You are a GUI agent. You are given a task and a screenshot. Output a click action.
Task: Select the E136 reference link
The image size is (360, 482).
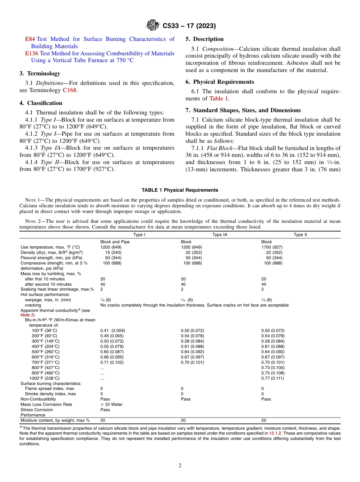[32, 53]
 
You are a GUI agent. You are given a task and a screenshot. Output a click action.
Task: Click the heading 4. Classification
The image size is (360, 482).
[41, 103]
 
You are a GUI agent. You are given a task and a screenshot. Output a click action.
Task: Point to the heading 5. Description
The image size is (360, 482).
[204, 39]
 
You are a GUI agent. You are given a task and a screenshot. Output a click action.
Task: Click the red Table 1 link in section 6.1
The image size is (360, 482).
[219, 99]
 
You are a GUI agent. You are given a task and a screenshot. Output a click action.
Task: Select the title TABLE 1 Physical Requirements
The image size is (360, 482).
[180, 190]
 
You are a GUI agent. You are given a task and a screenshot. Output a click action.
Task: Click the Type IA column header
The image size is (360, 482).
[219, 235]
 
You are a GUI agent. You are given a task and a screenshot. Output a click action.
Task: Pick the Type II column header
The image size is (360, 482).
[301, 235]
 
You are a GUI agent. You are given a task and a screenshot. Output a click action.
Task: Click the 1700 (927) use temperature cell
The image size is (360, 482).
[272, 247]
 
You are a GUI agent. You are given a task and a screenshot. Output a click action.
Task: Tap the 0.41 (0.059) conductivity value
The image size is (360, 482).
[112, 330]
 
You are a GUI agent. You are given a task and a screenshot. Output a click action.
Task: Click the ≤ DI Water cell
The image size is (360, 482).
[111, 404]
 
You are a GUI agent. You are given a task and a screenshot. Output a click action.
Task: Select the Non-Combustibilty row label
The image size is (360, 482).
[38, 399]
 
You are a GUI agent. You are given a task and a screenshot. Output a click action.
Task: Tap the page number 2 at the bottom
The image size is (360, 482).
[180, 466]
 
